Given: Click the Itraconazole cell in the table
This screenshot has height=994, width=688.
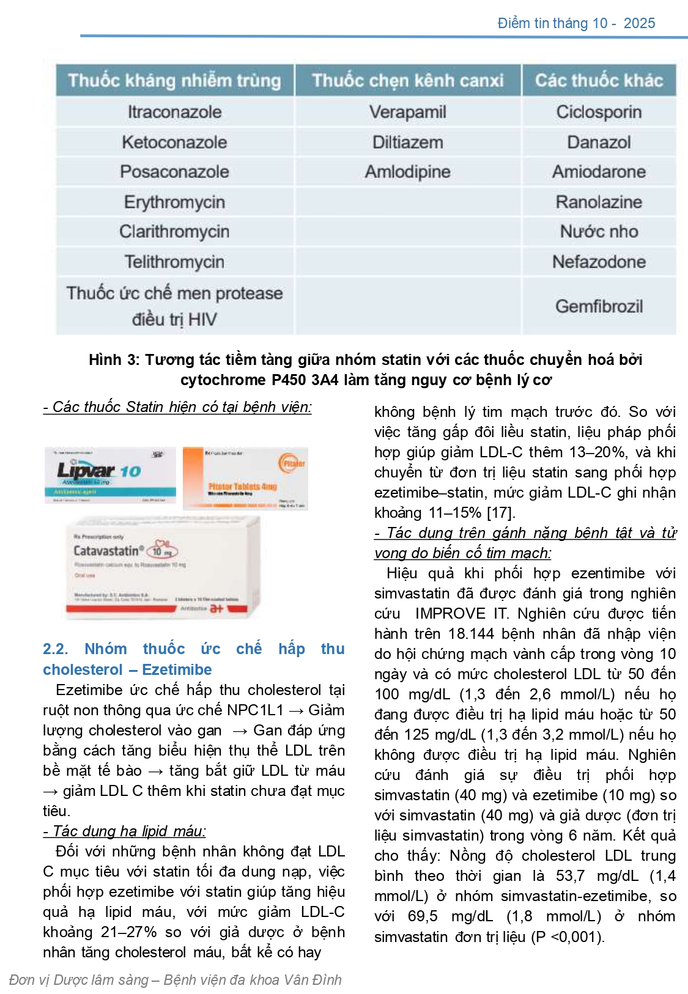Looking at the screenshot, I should click(x=174, y=112).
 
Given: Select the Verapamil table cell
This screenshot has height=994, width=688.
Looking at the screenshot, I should click(x=407, y=112).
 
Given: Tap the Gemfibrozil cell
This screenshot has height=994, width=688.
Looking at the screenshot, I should click(x=599, y=306).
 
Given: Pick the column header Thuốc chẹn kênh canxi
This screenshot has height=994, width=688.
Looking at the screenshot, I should click(x=407, y=80).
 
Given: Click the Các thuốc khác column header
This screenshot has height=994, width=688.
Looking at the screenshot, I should click(x=599, y=80).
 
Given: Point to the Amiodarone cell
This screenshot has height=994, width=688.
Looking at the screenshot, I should click(x=599, y=172).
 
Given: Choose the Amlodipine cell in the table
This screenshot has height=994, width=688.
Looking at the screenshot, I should click(x=407, y=172).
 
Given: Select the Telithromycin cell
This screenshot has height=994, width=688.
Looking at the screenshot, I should click(x=174, y=262).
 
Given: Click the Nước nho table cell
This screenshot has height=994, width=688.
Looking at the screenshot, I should click(x=599, y=231).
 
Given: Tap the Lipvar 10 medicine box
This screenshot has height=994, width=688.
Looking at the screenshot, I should click(x=110, y=475).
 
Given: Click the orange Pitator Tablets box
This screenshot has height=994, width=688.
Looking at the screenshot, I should click(x=245, y=478).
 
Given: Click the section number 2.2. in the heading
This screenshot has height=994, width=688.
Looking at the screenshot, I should click(x=55, y=649).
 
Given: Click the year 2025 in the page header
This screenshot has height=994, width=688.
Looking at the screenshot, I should click(x=639, y=23).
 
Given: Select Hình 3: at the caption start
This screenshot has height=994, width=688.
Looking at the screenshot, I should click(x=114, y=359).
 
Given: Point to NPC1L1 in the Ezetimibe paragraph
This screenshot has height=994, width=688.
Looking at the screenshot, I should click(x=255, y=710).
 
